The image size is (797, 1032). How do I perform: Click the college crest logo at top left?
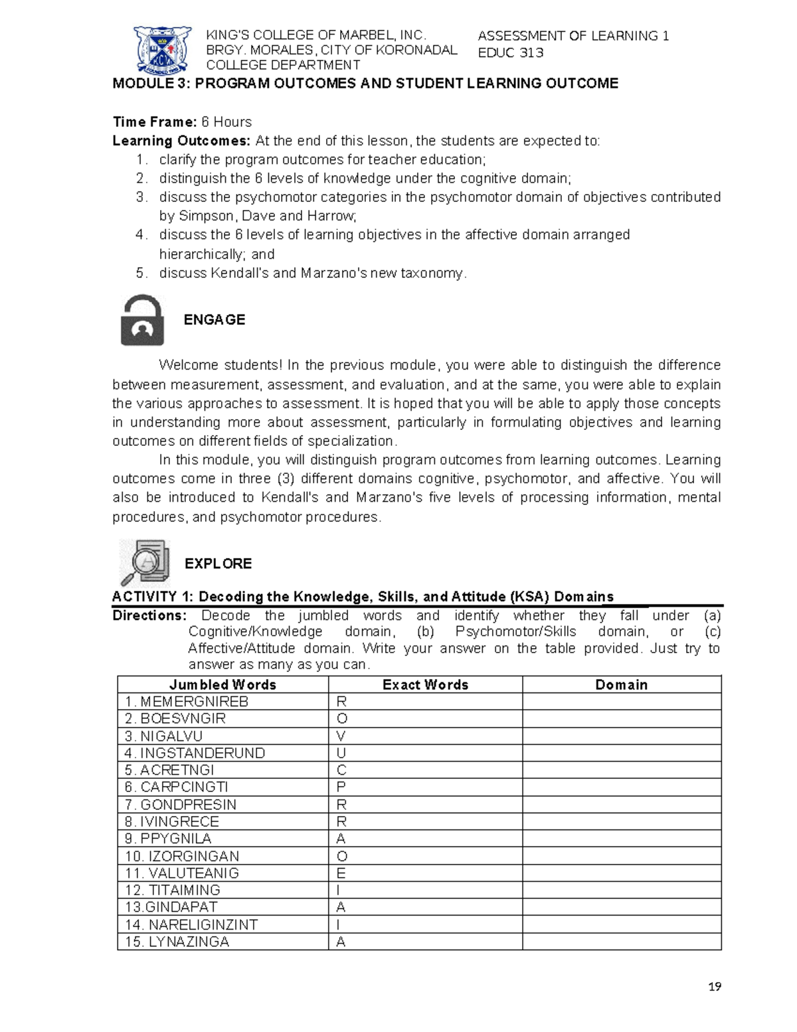[163, 49]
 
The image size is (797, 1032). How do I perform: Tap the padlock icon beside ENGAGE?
[142, 320]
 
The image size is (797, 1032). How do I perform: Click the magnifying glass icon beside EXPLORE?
[144, 563]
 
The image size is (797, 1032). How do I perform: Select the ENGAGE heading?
[214, 320]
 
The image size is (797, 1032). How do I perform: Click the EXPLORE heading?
[218, 564]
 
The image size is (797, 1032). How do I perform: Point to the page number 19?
[714, 987]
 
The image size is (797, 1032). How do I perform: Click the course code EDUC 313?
[510, 52]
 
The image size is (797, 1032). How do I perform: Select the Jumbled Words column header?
[222, 684]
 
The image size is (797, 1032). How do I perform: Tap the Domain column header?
[621, 684]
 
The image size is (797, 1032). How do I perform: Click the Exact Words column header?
[425, 684]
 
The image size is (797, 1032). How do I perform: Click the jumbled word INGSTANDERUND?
[203, 753]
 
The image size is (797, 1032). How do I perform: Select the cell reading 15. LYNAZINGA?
[177, 942]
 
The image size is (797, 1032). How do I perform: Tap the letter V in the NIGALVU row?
[341, 736]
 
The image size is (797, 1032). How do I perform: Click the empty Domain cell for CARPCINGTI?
[621, 787]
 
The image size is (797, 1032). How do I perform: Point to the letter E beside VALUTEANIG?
[341, 873]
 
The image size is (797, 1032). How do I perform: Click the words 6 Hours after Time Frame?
[226, 122]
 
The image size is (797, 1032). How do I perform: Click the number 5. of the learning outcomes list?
[141, 273]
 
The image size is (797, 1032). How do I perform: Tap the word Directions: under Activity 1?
[149, 615]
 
